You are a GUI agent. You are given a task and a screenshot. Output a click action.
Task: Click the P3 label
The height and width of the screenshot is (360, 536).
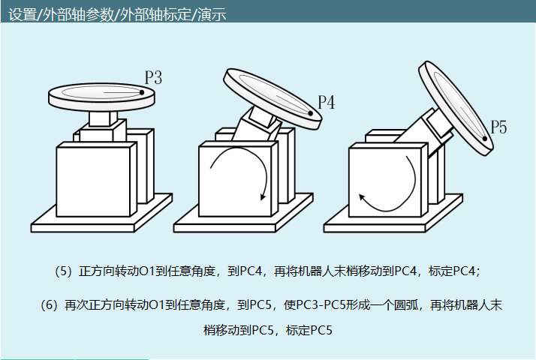click(x=153, y=77)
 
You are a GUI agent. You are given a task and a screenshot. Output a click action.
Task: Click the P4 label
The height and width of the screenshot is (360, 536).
click(x=327, y=102)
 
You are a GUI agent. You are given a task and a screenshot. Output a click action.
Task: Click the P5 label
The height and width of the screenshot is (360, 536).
click(x=498, y=127)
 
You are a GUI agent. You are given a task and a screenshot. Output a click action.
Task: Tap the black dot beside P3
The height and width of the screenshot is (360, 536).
click(x=142, y=92)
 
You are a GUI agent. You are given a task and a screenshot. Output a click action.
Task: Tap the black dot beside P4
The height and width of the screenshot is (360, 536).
click(x=310, y=113)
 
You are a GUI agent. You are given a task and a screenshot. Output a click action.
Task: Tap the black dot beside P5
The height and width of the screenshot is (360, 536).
click(x=485, y=139)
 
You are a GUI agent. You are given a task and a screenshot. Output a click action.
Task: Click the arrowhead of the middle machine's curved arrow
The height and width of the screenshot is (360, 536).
click(x=263, y=196)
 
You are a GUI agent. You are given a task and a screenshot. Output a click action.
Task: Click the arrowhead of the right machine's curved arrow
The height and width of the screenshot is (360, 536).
click(x=362, y=196)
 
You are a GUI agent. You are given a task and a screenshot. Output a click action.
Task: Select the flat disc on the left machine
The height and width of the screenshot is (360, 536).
click(x=101, y=96)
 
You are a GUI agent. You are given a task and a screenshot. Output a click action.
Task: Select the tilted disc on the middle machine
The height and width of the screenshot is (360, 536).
click(x=273, y=99)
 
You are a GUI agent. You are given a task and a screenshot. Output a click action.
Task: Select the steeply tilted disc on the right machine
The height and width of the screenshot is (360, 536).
click(x=456, y=108)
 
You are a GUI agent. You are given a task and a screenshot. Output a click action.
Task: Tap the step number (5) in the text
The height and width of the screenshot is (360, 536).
click(x=63, y=271)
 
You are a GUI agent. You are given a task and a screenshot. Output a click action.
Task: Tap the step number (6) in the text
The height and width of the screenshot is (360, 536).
click(x=49, y=304)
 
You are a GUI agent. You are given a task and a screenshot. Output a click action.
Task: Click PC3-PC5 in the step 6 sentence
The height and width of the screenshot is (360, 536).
click(x=321, y=304)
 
